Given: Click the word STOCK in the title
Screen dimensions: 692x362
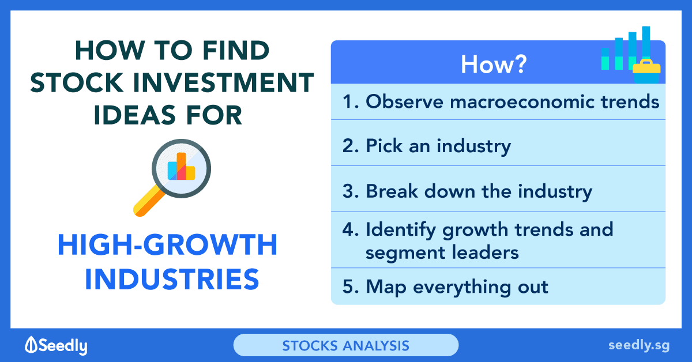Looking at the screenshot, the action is tap(77, 82).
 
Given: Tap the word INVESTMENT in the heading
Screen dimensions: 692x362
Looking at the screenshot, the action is tap(224, 82).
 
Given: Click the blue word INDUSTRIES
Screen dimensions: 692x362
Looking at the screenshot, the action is tap(172, 279).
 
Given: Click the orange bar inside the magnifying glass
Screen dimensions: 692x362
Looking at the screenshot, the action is tap(181, 166).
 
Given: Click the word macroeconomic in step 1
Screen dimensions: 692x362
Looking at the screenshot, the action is tap(522, 101).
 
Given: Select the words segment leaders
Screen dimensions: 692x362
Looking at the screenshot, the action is tap(442, 252).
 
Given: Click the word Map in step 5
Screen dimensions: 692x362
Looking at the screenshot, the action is tap(386, 287).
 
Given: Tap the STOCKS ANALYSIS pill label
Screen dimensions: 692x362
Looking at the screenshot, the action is tap(345, 345).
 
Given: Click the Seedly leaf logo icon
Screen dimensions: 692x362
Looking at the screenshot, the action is tap(31, 345).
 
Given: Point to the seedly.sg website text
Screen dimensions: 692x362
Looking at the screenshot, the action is tap(639, 345).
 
